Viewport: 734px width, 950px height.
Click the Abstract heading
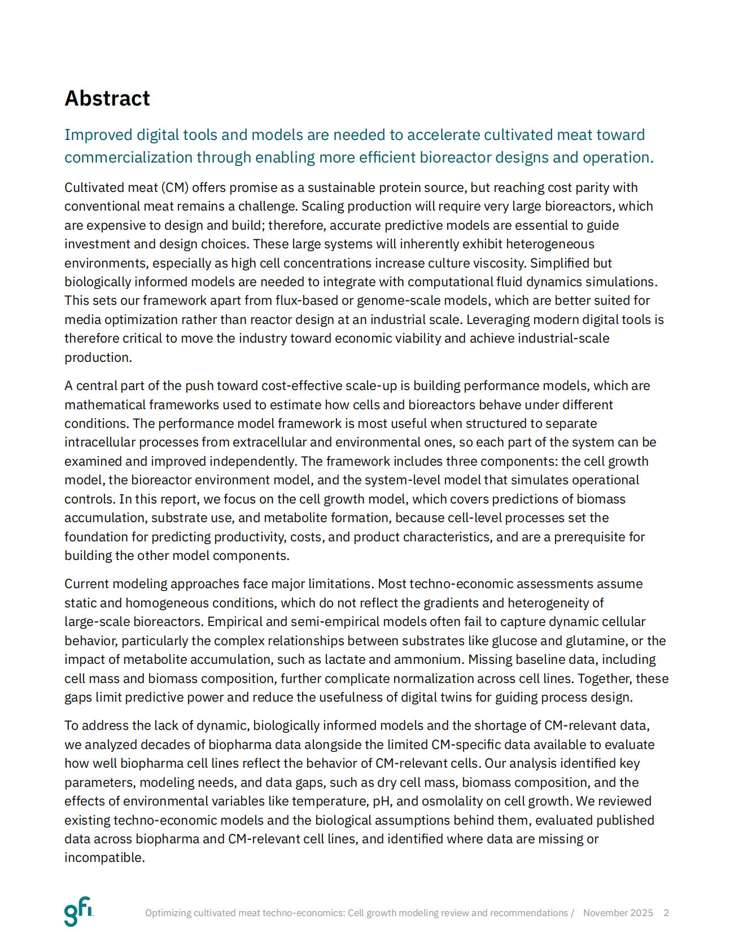107,98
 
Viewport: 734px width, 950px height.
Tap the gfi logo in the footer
78,911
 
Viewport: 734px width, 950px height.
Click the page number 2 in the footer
666,913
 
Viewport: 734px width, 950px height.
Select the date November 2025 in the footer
618,913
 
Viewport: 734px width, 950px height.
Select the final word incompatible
104,857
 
